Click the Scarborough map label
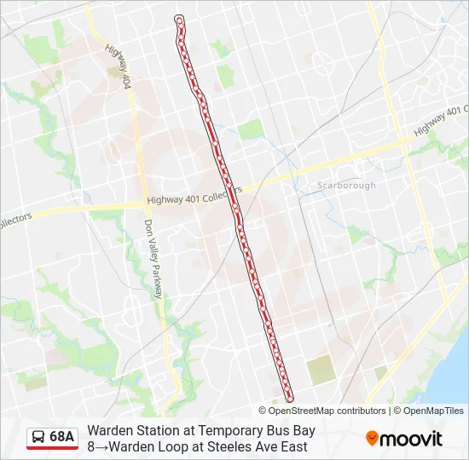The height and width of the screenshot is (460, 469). [x=345, y=186]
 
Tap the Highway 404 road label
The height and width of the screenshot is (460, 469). [x=119, y=67]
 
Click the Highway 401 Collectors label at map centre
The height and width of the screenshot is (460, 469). [x=194, y=198]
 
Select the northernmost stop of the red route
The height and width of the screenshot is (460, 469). [x=179, y=19]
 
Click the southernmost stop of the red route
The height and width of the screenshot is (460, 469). [x=289, y=397]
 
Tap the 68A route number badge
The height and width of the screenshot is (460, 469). [x=62, y=437]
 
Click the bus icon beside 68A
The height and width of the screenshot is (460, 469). [x=38, y=437]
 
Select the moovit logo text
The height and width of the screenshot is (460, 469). [x=411, y=439]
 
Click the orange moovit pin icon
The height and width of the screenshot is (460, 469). [x=373, y=439]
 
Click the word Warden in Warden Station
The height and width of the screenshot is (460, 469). [x=108, y=431]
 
